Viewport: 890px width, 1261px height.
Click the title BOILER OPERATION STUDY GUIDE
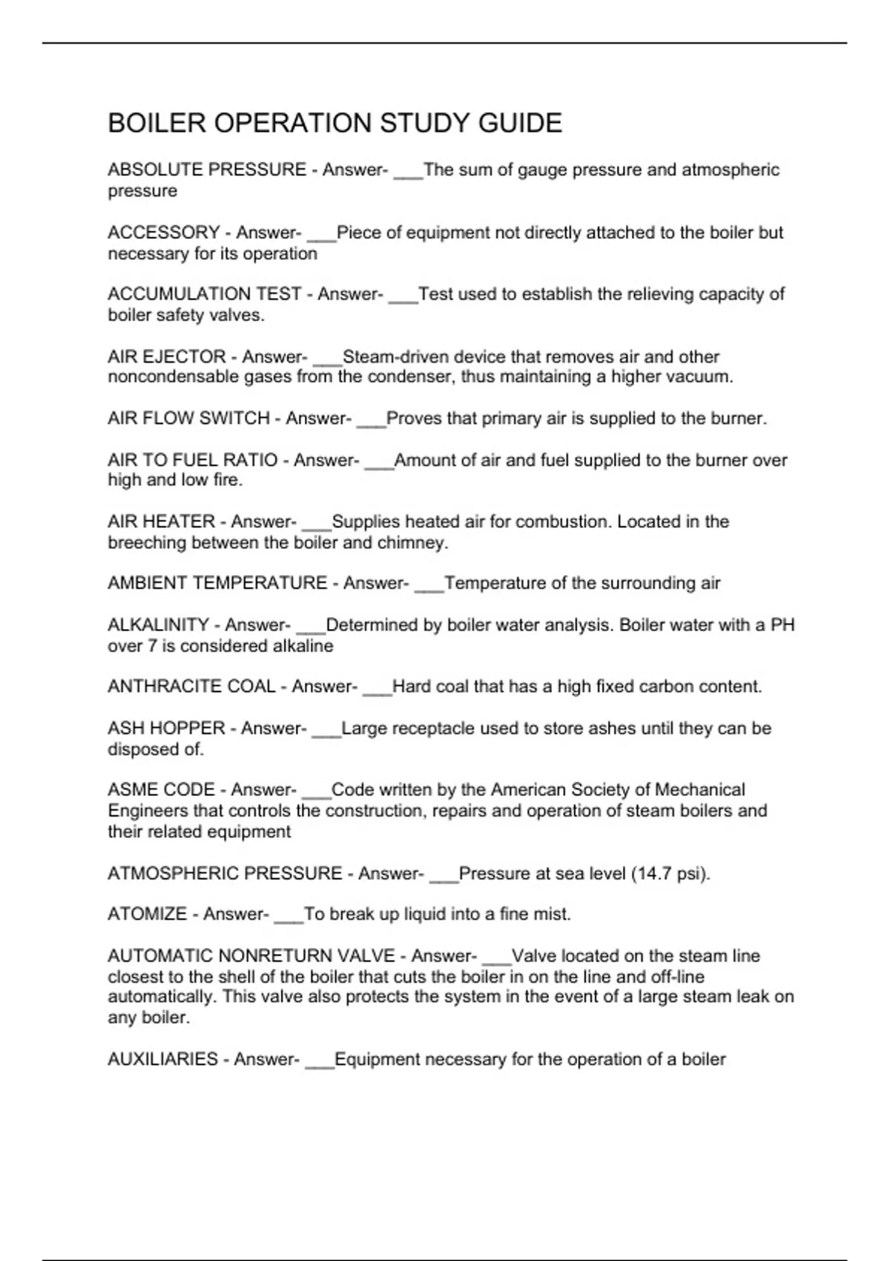point(334,123)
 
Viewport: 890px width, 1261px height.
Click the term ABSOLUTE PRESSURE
point(207,170)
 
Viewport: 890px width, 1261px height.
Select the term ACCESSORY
point(164,233)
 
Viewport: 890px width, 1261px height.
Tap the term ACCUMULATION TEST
point(205,294)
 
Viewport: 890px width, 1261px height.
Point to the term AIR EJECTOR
point(167,357)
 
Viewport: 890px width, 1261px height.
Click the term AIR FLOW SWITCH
point(188,418)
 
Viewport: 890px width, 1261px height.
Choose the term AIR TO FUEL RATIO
point(193,460)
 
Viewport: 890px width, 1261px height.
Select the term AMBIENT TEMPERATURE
point(217,583)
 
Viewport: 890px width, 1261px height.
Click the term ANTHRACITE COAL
point(191,687)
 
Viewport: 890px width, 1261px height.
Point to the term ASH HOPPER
point(166,728)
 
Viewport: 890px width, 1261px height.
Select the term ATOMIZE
point(147,914)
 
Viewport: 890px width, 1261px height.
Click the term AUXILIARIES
point(162,1059)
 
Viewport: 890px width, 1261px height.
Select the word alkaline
point(303,646)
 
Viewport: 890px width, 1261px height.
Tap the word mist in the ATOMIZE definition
point(552,914)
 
